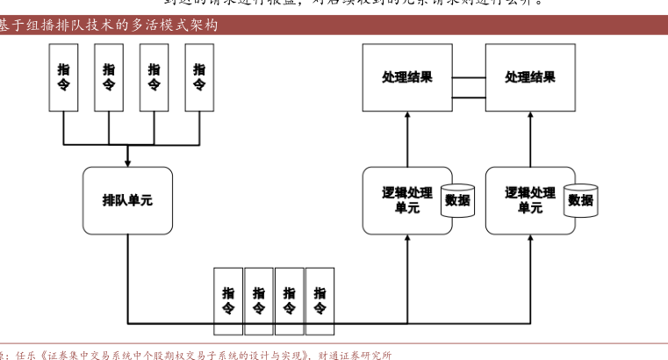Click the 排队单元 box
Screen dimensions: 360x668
pyautogui.click(x=127, y=200)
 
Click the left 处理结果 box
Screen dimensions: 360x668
pyautogui.click(x=407, y=77)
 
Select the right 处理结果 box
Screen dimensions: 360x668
pyautogui.click(x=530, y=77)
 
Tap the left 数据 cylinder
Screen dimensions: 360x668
pyautogui.click(x=457, y=200)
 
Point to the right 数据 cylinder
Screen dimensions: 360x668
pyautogui.click(x=580, y=200)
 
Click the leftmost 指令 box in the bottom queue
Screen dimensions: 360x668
pyautogui.click(x=228, y=300)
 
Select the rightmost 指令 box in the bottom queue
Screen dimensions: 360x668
pyautogui.click(x=320, y=300)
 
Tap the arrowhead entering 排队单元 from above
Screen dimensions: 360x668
pyautogui.click(x=128, y=162)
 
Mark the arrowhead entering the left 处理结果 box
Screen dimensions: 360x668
pyautogui.click(x=408, y=115)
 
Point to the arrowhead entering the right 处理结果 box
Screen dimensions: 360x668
pyautogui.click(x=531, y=115)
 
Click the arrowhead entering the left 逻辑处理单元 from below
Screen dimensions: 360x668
pyautogui.click(x=408, y=238)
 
